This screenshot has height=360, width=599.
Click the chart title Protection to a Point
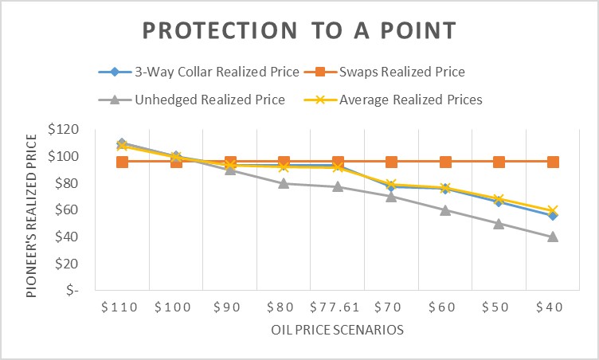coord(299,31)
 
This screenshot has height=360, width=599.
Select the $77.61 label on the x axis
coord(338,307)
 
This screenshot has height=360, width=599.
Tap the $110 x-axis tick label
coord(122,307)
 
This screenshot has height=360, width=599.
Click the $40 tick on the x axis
coord(553,307)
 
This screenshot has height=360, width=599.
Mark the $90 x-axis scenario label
coord(230,307)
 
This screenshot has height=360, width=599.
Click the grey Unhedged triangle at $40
coord(553,237)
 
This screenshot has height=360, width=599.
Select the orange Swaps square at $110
coord(122,162)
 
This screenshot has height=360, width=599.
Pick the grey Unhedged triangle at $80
coord(284,183)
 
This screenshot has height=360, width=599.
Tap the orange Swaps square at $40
coord(553,162)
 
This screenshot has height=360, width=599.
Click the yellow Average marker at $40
coord(553,210)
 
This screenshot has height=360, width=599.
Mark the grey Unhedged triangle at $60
coord(445,210)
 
